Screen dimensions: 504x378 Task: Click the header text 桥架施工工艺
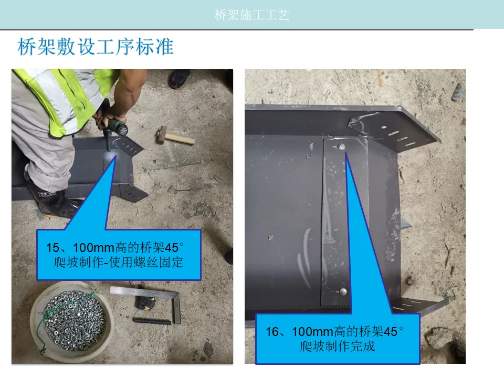[x=251, y=15]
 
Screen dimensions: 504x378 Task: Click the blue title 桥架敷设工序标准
[x=96, y=47]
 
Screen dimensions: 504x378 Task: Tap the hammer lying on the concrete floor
[x=174, y=136]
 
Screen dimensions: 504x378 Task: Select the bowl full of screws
[x=71, y=320]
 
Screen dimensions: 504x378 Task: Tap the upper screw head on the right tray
[x=341, y=147]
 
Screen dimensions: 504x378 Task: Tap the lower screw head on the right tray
[x=343, y=292]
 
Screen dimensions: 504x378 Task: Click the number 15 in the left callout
[x=53, y=248]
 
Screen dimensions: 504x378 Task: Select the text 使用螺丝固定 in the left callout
[x=146, y=262]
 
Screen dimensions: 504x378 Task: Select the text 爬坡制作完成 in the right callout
[x=337, y=346]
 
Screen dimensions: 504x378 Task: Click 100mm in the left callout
[x=93, y=248]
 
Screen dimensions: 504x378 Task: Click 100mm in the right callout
[x=312, y=332]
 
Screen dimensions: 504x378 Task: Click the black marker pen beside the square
[x=152, y=321]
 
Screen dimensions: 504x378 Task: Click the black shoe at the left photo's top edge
[x=180, y=78]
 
